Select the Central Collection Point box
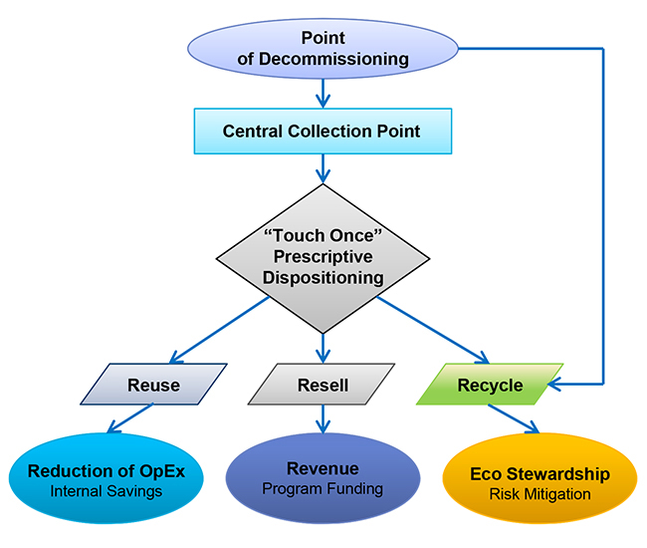(322, 132)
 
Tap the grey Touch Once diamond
(322, 258)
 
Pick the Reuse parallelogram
(153, 385)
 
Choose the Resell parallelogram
(323, 385)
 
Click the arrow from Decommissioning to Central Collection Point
(322, 95)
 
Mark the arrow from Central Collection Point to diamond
(322, 168)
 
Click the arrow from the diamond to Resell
(322, 347)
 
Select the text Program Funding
(323, 488)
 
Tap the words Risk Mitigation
(539, 494)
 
